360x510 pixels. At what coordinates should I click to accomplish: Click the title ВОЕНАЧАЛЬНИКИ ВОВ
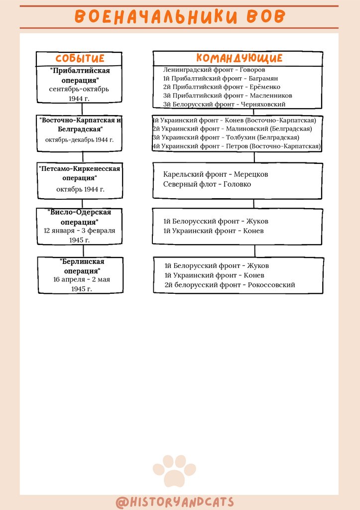pos(180,16)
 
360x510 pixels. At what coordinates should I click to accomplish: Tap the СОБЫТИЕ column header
pos(80,59)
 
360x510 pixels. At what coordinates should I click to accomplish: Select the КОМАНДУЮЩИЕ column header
pos(239,58)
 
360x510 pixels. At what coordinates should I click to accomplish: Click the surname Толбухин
pos(243,137)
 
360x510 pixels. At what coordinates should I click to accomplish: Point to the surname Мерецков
pos(251,174)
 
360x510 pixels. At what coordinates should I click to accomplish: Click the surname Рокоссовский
pos(271,285)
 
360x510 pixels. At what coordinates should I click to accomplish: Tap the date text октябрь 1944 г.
pos(80,189)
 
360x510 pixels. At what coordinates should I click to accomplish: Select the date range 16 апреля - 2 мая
pos(82,279)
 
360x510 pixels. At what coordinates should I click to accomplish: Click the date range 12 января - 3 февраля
pos(80,231)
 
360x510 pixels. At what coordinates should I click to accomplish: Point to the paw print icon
pos(174,470)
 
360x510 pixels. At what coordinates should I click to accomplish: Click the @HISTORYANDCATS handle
pos(175,502)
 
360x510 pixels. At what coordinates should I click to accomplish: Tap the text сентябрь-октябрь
pos(79,89)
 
